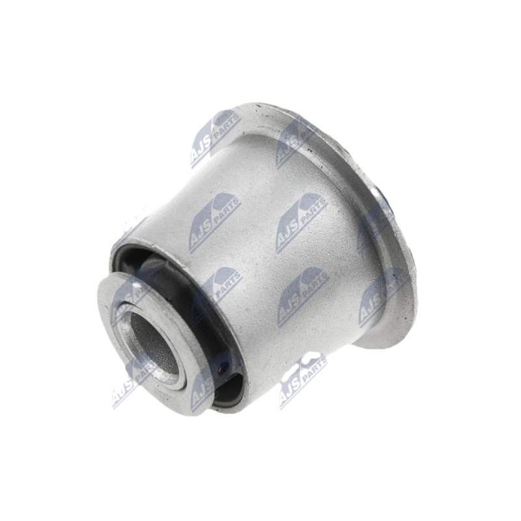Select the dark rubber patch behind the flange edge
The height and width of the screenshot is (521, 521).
(x=385, y=195)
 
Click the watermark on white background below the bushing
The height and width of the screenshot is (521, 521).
(x=302, y=378)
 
